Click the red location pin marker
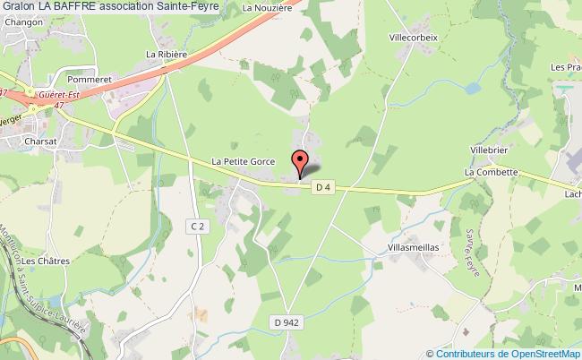point(300,162)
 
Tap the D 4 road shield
point(323,187)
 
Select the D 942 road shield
point(286,321)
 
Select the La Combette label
point(491,171)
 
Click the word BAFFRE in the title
point(67,7)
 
